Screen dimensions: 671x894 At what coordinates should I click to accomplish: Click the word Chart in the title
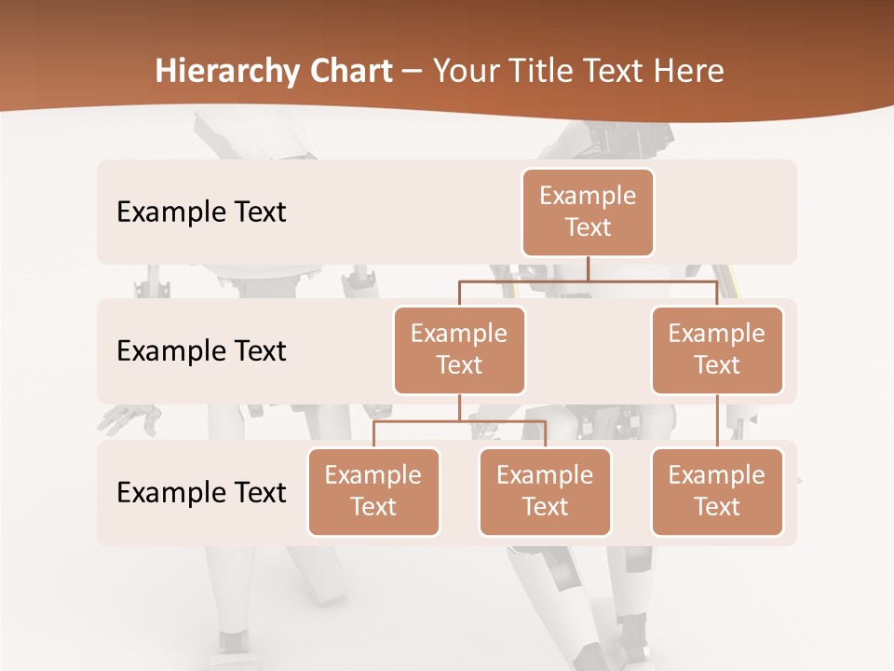coord(347,72)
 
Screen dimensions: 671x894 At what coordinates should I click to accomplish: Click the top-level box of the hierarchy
coord(588,212)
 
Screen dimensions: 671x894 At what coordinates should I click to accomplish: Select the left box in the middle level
coord(459,349)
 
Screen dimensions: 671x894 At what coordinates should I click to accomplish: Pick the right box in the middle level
coord(717,349)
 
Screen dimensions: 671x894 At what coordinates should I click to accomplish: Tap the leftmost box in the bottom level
coord(373,491)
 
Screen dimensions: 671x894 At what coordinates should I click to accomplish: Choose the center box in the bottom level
coord(545,491)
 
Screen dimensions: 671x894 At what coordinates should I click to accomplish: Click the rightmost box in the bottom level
coord(717,491)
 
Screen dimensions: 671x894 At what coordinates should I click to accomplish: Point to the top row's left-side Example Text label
coord(201,212)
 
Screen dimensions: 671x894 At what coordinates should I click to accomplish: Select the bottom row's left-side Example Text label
coord(201,492)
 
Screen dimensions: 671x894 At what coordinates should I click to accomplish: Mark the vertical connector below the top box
coord(588,268)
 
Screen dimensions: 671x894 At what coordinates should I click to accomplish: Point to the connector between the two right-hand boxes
coord(717,421)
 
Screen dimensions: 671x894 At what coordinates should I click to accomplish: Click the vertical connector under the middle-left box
coord(459,407)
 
